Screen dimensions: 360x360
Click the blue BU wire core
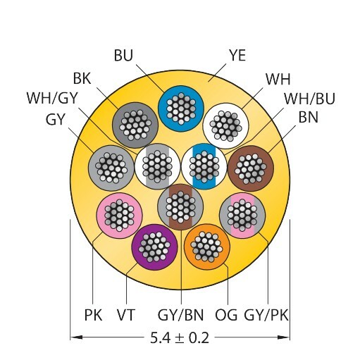(181, 108)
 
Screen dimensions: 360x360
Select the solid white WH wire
(225, 126)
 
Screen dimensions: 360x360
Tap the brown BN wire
(251, 168)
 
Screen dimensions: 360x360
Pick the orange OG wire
(207, 247)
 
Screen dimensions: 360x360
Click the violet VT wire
(154, 247)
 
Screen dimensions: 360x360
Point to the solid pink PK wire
(119, 216)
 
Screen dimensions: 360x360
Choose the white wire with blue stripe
(204, 166)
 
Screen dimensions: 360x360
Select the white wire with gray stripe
(158, 166)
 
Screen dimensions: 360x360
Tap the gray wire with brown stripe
(180, 206)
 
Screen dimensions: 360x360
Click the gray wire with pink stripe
(242, 216)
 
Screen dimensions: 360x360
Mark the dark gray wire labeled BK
(135, 125)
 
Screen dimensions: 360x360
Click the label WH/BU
(309, 99)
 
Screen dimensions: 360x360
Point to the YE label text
(237, 56)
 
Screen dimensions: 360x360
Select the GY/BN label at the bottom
(180, 315)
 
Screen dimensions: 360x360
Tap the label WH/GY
(52, 98)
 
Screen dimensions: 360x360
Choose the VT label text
(126, 315)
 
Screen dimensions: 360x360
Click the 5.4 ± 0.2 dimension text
(180, 338)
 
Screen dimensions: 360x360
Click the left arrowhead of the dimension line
(76, 337)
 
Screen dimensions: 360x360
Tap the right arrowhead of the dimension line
(284, 337)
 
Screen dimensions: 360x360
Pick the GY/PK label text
(266, 315)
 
